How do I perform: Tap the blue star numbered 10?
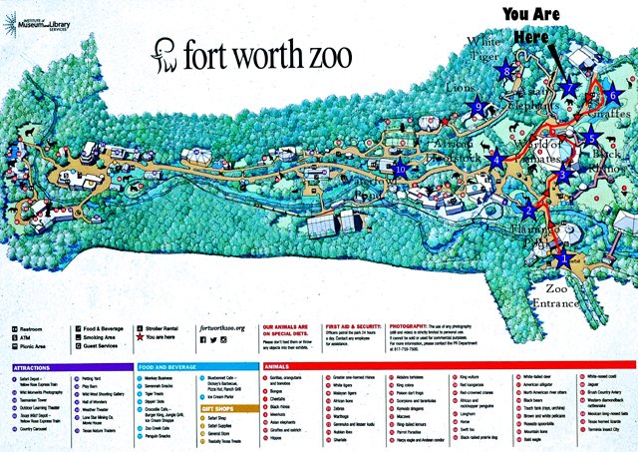click(x=401, y=170)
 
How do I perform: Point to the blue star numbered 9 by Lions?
click(x=479, y=107)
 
